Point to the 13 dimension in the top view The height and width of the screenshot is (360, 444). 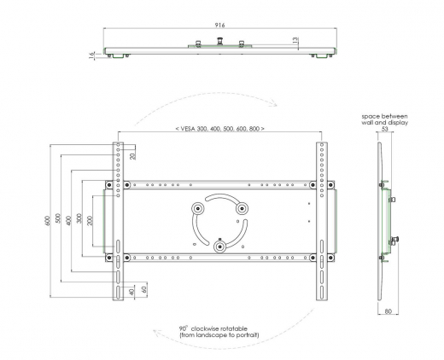pyautogui.click(x=294, y=39)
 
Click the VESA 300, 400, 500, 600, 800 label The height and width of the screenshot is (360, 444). pyautogui.click(x=218, y=128)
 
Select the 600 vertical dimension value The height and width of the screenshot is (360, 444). pyautogui.click(x=49, y=221)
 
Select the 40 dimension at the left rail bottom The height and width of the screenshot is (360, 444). pyautogui.click(x=130, y=291)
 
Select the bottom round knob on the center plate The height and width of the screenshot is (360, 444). pyautogui.click(x=220, y=246)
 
